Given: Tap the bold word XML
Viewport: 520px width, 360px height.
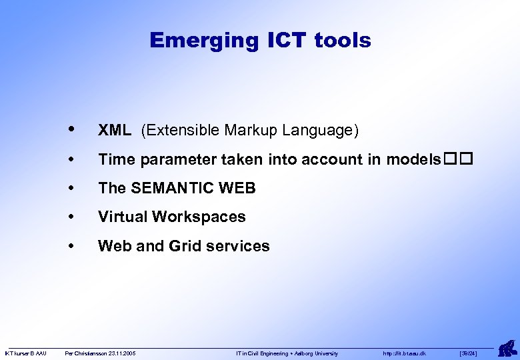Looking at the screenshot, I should coord(115,131).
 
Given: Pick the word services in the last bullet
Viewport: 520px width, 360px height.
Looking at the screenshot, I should coord(238,246).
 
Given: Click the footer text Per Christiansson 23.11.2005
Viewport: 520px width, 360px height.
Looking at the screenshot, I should coord(99,353).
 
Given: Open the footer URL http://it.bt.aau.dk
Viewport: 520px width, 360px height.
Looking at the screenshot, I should coord(404,353).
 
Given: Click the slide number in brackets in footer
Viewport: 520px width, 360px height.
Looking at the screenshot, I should coord(468,353).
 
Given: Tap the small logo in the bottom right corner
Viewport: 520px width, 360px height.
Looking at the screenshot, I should coord(507,348).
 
